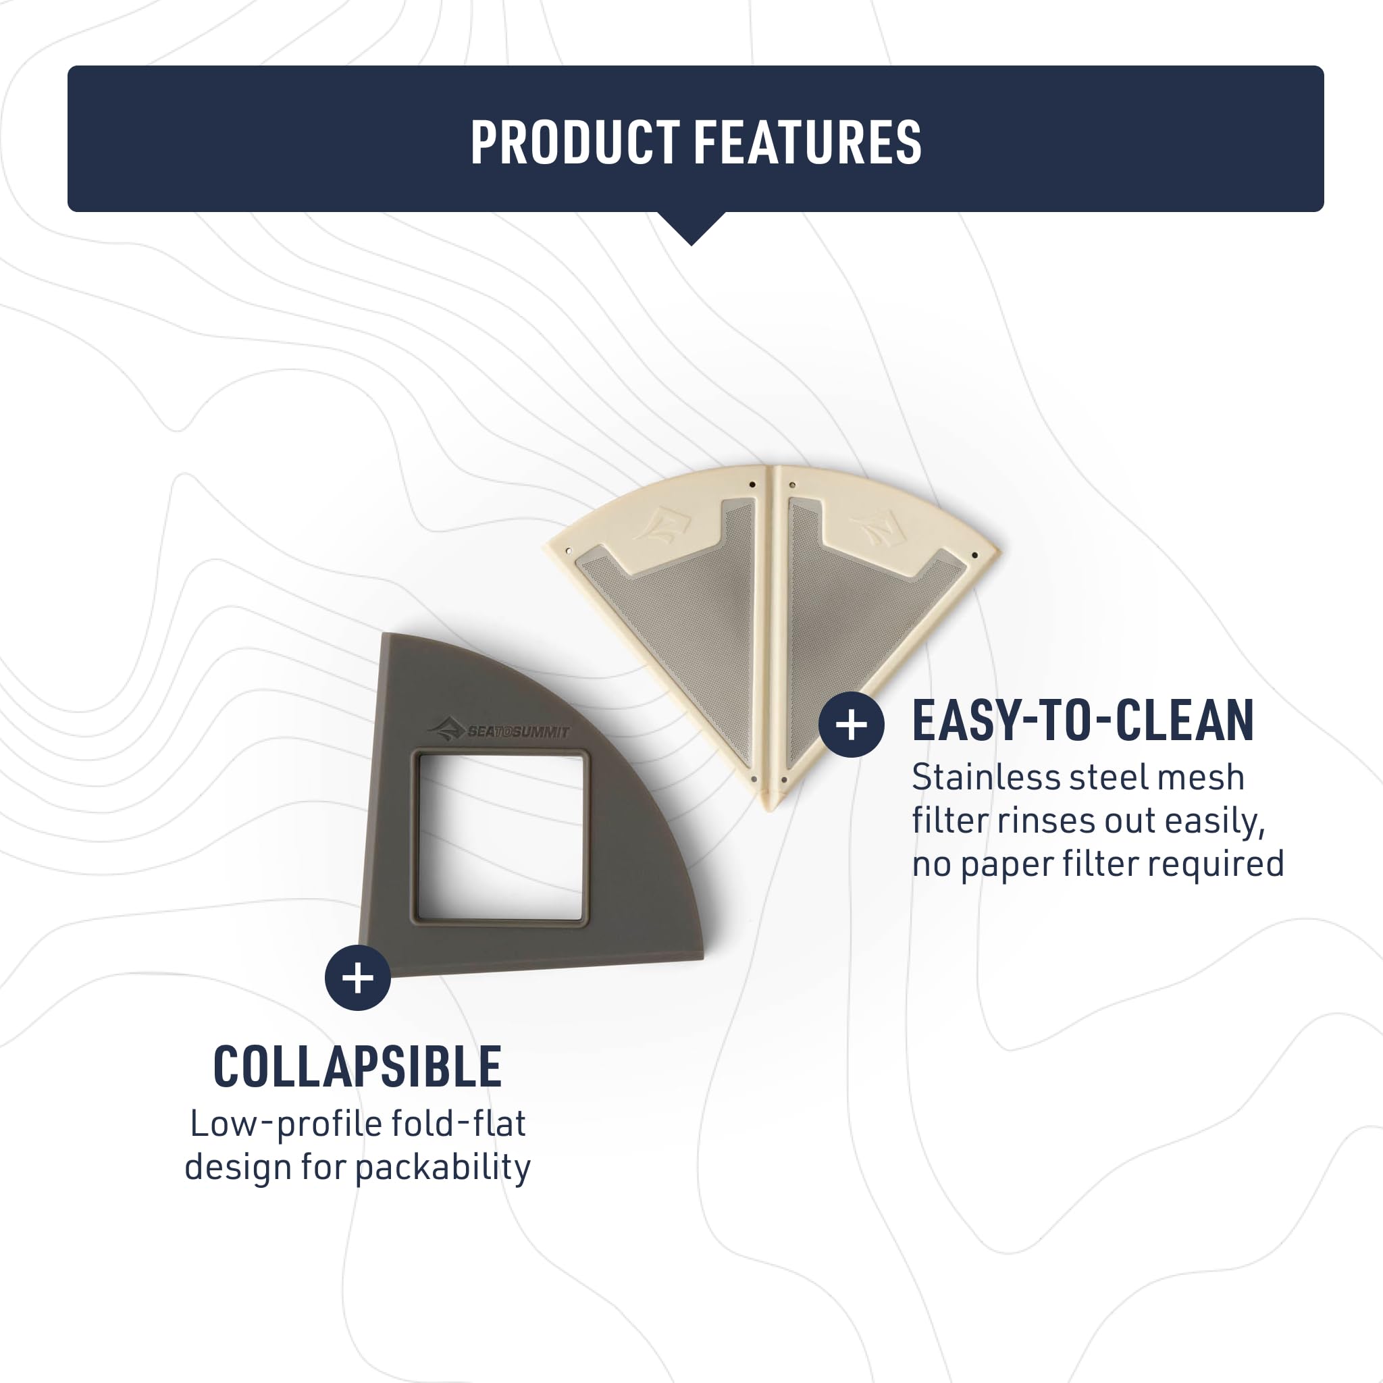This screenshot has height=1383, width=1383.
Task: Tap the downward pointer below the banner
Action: [691, 228]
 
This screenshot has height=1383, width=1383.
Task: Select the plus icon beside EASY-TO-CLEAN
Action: [851, 725]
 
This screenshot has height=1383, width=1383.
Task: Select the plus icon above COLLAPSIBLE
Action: [358, 978]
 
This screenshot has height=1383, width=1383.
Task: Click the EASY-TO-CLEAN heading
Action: [1083, 721]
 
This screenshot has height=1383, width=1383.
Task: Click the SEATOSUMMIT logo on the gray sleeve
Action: [498, 730]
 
